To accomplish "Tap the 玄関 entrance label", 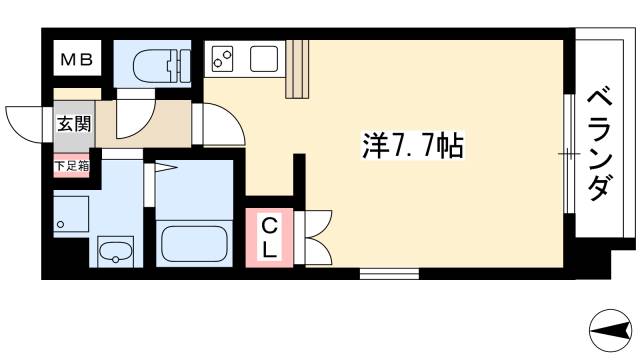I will [68, 125].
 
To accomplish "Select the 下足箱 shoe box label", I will [70, 166].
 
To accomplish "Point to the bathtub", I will [196, 243].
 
